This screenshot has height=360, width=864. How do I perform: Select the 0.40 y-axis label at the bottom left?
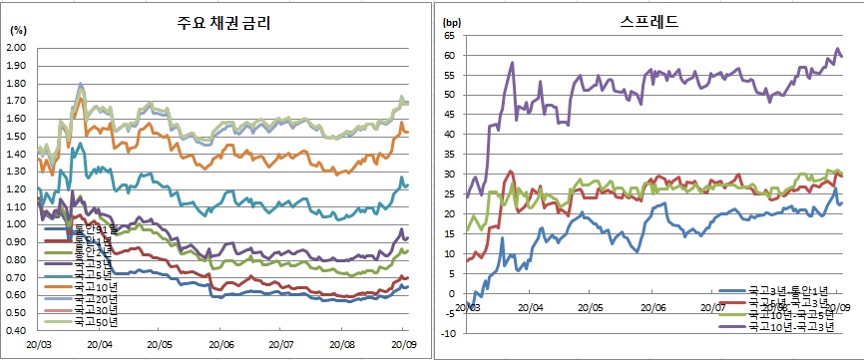click(16, 328)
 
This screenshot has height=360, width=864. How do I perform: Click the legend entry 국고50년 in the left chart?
click(84, 322)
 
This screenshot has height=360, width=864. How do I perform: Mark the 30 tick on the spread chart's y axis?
click(449, 175)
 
